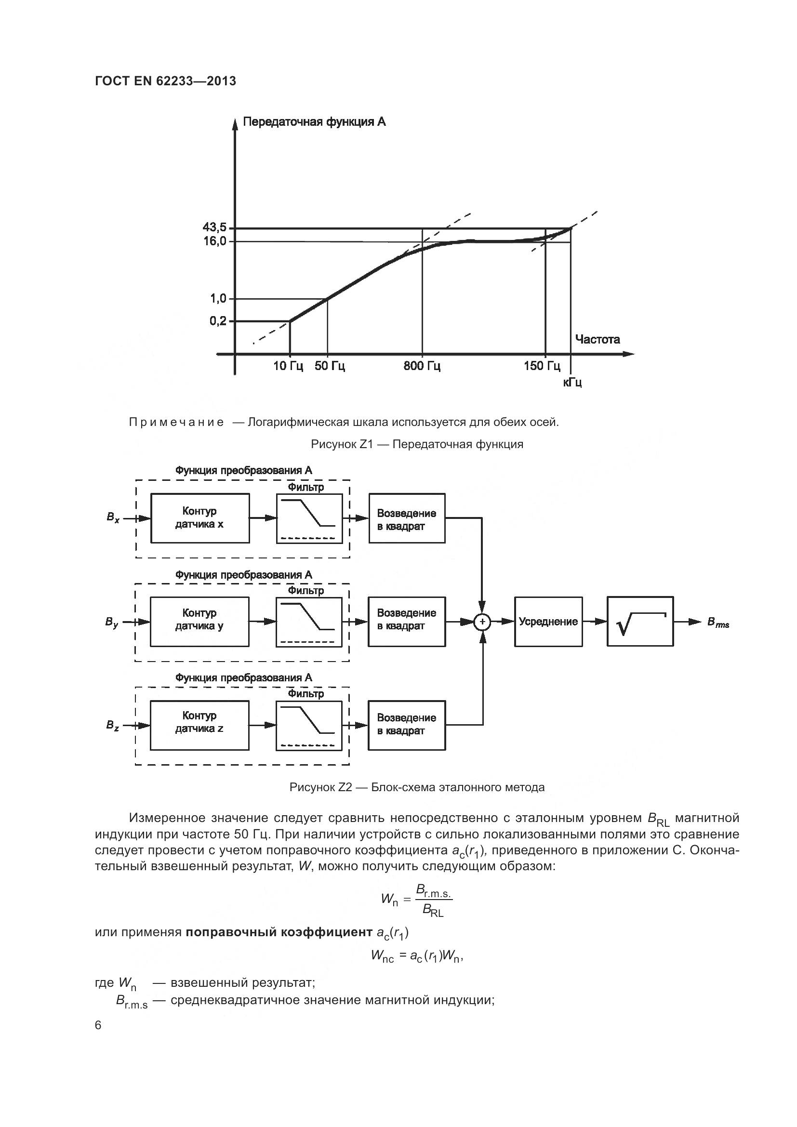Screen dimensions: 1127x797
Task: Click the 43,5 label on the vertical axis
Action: tap(214, 228)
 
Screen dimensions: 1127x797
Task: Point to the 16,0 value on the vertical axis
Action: tap(214, 241)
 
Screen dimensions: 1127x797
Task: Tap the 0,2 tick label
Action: tap(218, 321)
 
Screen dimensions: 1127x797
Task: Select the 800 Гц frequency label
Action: tap(422, 366)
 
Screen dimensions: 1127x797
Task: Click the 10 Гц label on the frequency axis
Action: tap(288, 366)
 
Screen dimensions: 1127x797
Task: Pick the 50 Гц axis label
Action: tap(330, 366)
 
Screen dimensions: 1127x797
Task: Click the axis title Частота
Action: tap(597, 339)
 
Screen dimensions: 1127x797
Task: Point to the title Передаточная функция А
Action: tap(314, 122)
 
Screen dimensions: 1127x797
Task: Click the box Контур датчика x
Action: tap(200, 518)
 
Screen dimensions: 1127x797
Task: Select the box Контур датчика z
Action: tap(199, 725)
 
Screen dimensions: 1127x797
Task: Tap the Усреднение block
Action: tap(548, 622)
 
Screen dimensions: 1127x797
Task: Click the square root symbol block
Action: tap(640, 622)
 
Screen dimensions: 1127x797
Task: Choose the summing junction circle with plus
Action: tap(482, 622)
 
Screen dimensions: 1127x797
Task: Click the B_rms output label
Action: tap(718, 623)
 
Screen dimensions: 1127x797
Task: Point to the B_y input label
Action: tap(112, 623)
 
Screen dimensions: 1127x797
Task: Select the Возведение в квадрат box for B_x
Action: tap(407, 518)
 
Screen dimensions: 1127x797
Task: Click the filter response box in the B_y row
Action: tap(309, 622)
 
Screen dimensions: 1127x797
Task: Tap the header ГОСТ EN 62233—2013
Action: tap(165, 81)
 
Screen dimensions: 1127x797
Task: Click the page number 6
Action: tap(98, 1025)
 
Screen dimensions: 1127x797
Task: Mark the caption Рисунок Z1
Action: tap(417, 444)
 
